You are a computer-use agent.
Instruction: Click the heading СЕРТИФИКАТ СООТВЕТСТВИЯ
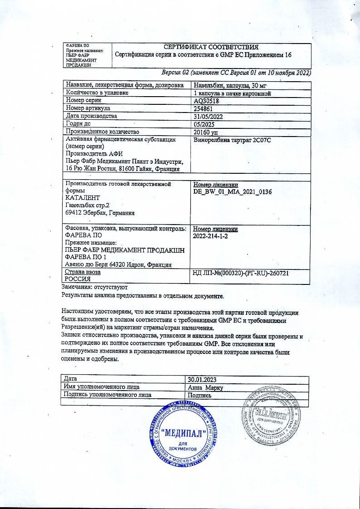pyautogui.click(x=211, y=47)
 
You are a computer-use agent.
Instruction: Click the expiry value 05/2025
pyautogui.click(x=204, y=124)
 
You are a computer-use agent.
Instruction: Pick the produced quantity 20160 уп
pyautogui.click(x=206, y=132)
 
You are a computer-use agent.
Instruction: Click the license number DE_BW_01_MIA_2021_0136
pyautogui.click(x=233, y=192)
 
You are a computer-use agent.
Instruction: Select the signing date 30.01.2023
pyautogui.click(x=202, y=379)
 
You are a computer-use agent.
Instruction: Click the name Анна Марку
pyautogui.click(x=205, y=387)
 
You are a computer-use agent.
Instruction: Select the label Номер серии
pyautogui.click(x=83, y=101)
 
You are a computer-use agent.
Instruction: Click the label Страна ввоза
pyautogui.click(x=83, y=272)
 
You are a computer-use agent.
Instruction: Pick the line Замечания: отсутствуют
pyautogui.click(x=95, y=288)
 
